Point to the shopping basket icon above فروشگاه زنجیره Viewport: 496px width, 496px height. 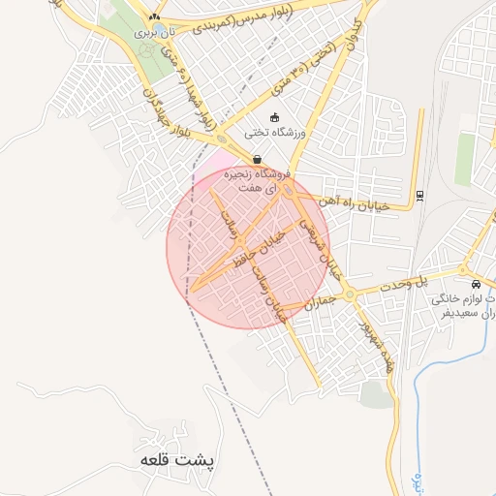tap(256, 159)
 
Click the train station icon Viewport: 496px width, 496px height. tap(418, 196)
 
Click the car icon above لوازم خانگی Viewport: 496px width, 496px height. tap(476, 285)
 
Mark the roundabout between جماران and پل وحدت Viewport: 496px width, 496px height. tap(349, 294)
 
